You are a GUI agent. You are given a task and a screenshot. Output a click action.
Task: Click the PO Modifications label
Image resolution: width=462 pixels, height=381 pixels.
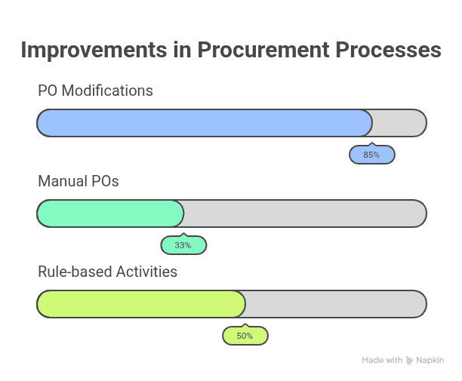click(x=95, y=91)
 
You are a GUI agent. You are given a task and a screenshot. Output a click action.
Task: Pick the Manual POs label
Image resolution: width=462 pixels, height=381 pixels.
click(x=79, y=181)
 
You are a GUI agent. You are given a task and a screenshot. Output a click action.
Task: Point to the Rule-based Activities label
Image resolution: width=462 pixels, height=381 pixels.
click(x=107, y=272)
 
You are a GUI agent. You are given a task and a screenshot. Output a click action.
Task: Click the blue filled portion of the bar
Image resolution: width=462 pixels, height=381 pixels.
click(x=204, y=123)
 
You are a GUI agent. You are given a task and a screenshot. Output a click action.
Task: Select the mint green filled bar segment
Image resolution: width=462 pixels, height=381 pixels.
click(x=110, y=214)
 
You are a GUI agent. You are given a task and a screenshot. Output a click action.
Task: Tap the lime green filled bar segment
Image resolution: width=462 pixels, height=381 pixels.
click(x=141, y=304)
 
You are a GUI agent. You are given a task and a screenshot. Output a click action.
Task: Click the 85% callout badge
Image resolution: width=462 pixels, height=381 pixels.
click(x=371, y=155)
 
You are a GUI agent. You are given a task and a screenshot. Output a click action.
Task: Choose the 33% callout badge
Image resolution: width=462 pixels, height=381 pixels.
click(x=183, y=246)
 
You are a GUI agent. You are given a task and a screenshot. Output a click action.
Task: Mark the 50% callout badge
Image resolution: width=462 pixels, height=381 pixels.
click(x=245, y=336)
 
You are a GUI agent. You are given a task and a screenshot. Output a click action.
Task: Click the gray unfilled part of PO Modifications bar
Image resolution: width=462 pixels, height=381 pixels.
click(x=399, y=123)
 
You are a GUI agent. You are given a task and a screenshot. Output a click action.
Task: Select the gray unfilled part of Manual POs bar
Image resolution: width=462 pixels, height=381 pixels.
click(x=304, y=214)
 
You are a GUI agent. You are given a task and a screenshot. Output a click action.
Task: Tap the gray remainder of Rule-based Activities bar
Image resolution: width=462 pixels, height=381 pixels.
click(x=335, y=304)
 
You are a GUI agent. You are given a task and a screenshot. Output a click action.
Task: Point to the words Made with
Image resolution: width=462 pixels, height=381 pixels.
click(x=382, y=361)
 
